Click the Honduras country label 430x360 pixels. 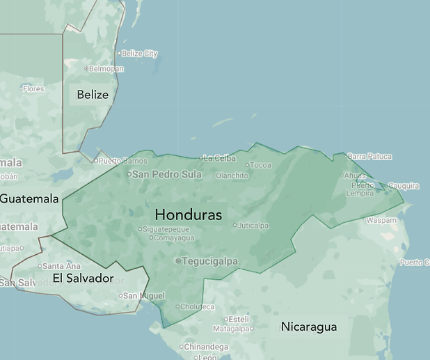click(189, 214)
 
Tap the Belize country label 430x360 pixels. click(93, 95)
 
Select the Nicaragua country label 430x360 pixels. click(309, 327)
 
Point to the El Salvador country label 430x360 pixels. click(83, 279)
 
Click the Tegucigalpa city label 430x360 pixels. click(209, 261)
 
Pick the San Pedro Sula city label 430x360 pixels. click(166, 173)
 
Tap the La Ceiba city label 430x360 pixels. click(220, 158)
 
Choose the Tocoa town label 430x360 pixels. click(260, 165)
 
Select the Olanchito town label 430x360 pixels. click(232, 175)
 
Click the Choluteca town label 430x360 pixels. click(198, 306)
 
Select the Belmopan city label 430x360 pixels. click(106, 69)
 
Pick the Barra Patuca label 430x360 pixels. click(369, 157)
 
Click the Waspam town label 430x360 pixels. click(382, 221)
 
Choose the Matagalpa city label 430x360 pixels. click(231, 329)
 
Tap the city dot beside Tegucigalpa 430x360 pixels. click(179, 261)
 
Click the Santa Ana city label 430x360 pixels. click(61, 266)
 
